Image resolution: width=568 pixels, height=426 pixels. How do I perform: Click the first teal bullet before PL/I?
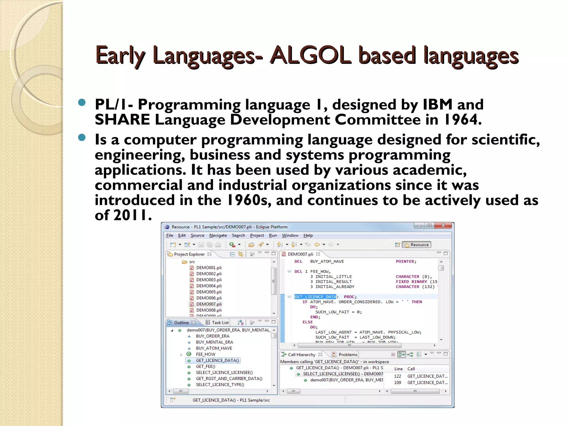point(82,103)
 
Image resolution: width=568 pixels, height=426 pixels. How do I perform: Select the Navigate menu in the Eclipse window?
point(218,235)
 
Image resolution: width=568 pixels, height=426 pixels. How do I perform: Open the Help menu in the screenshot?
point(308,235)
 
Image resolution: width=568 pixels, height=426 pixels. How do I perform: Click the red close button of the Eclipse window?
point(443,225)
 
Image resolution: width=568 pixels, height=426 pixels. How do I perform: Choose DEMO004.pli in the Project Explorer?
point(209,286)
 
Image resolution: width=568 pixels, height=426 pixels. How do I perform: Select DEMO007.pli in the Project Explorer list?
point(209,304)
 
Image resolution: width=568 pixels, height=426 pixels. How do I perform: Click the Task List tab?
point(220,323)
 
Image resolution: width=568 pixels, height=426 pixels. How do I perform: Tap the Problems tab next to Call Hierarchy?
point(348,355)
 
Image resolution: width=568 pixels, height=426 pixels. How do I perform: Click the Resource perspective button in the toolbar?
point(417,245)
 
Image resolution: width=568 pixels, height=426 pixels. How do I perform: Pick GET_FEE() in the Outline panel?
point(205,367)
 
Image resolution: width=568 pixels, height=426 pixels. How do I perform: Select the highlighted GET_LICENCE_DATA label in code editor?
point(315,297)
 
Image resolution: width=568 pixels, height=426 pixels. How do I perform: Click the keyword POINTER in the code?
point(405,262)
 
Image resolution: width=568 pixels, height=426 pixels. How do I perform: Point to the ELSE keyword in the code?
point(307,322)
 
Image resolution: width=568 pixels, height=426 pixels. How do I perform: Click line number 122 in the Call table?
point(397,376)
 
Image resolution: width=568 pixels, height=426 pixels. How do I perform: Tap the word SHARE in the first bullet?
point(122,120)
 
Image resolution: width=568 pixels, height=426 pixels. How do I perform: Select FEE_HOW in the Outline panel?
point(205,354)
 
